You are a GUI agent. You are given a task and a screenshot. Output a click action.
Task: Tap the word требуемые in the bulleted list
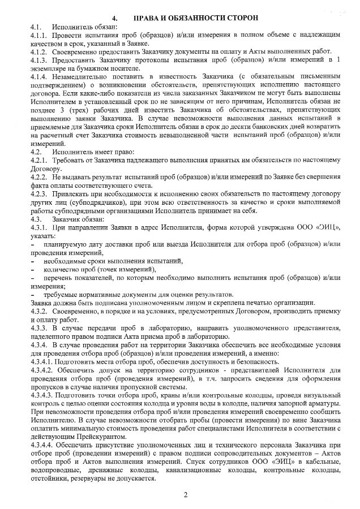tap(63, 295)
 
